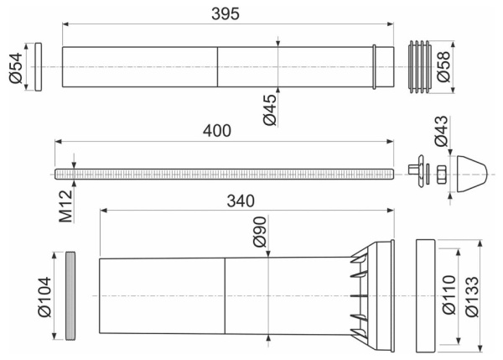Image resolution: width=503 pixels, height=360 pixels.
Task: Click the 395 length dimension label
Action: point(226,13)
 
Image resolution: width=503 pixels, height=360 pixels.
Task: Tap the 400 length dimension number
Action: point(217,131)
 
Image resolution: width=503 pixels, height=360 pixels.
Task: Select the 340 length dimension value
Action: point(241,201)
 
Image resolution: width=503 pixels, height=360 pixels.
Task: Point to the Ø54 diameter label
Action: point(16,68)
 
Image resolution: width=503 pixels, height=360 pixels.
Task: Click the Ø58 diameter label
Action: point(443,67)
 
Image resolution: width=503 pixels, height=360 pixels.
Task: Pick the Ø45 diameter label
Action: point(269,110)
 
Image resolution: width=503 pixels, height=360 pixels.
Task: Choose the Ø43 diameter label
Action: point(441,131)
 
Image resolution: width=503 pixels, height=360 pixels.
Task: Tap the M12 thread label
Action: point(65,206)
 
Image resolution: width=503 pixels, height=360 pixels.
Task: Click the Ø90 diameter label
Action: point(260,232)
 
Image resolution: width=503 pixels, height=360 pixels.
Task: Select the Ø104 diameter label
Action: point(44,297)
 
